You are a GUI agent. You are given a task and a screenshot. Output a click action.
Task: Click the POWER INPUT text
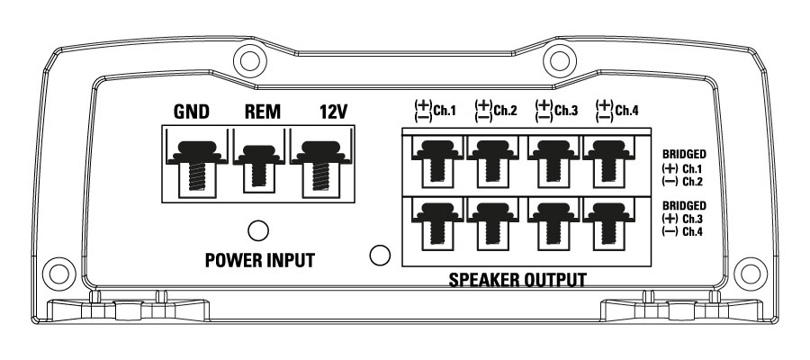pos(259,261)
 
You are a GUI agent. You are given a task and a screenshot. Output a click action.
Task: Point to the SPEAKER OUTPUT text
pos(517,280)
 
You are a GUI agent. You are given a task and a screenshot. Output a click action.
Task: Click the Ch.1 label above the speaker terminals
pos(444,112)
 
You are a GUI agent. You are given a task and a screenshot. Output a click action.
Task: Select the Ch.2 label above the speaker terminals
pos(505,112)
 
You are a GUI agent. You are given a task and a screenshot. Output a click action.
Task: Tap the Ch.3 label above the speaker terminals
pos(566,112)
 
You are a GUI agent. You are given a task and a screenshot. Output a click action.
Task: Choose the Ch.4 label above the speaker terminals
pos(627,112)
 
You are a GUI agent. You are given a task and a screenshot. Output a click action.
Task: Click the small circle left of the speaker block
pos(380,256)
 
